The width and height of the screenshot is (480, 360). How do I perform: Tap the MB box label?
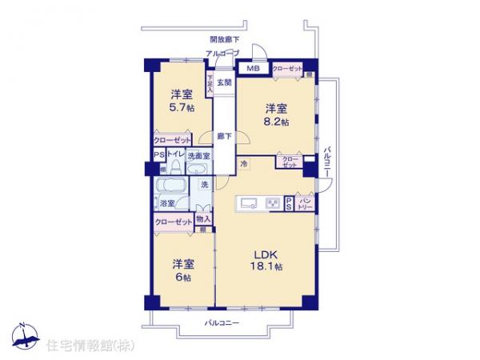(253, 68)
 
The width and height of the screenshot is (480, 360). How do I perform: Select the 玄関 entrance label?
(224, 82)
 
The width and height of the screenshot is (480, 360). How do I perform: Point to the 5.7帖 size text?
(181, 109)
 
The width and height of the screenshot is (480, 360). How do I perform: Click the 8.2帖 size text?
(277, 122)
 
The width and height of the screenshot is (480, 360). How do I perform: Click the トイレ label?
(175, 156)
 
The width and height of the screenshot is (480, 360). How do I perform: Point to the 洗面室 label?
(198, 156)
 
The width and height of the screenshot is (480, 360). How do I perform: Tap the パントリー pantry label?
(305, 203)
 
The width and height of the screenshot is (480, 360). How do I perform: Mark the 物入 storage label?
(203, 219)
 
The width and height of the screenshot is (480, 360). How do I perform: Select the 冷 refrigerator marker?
(243, 164)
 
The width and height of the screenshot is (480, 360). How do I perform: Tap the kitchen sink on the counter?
(248, 202)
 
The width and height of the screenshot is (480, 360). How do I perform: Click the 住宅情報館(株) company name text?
(85, 346)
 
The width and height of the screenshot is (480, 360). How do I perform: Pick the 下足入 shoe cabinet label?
(210, 85)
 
